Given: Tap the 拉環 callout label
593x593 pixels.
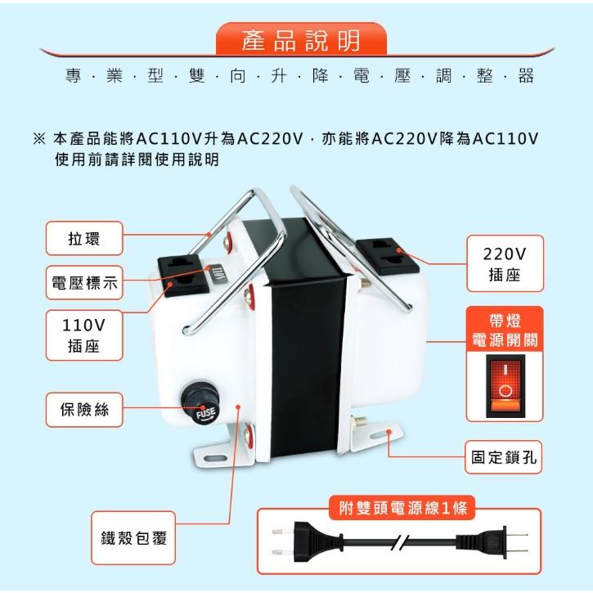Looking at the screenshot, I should point(83,238).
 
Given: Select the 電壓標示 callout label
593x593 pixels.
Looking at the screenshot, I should point(83,283).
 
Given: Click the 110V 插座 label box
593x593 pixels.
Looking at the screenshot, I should point(83,335).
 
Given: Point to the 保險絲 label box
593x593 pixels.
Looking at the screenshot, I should point(83,410).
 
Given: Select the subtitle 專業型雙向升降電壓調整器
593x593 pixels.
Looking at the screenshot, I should point(299,77).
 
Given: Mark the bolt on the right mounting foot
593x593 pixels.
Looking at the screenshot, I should point(358,425).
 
